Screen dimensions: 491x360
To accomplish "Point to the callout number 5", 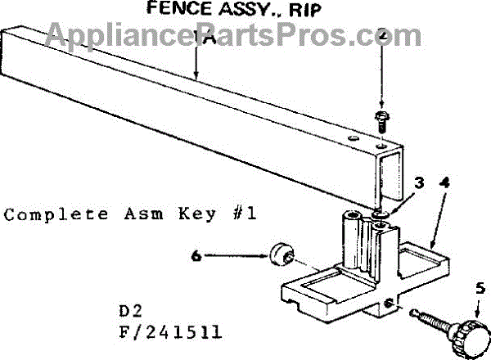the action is click(480, 288).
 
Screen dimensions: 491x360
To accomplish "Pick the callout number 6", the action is click(195, 256).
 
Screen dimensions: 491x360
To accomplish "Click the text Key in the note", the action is click(189, 214).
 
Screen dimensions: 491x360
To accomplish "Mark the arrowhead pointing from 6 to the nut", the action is click(264, 256).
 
